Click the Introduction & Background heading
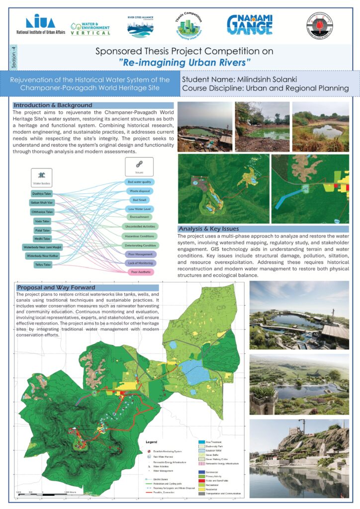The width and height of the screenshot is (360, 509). tap(53, 105)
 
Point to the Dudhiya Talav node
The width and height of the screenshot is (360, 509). tap(41, 193)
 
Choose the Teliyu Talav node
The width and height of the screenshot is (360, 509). tap(41, 265)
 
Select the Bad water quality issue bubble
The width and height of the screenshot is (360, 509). tap(139, 182)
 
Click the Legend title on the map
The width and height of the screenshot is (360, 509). tap(151, 441)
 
